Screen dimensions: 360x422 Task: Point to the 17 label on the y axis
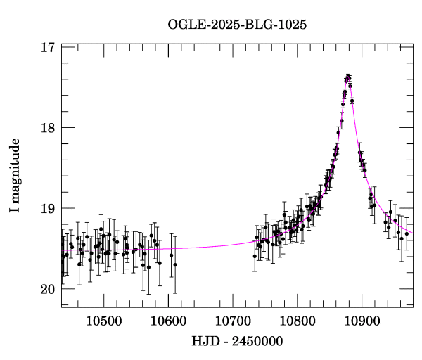tap(48, 48)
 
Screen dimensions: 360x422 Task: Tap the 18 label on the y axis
tap(48, 128)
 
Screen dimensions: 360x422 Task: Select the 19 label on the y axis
tap(48, 208)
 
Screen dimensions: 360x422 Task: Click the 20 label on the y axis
tap(48, 289)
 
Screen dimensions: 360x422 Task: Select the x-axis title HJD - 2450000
tap(237, 341)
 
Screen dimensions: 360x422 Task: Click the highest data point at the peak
tap(348, 75)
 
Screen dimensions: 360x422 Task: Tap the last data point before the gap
tap(175, 264)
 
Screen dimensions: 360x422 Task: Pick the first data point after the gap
tap(255, 256)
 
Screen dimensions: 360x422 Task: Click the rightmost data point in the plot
tap(407, 233)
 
